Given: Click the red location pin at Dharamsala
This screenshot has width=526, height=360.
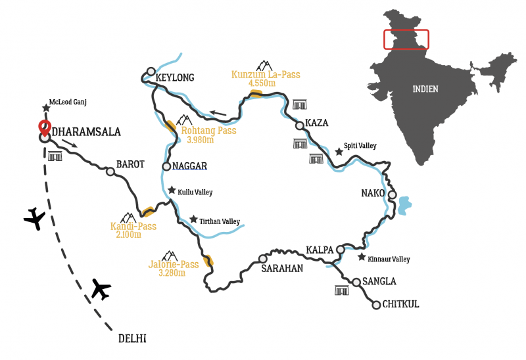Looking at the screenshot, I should coord(45,127).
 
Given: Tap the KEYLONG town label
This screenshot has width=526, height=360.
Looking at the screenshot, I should coord(175,78).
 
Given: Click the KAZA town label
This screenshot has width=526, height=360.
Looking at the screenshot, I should coord(316,124).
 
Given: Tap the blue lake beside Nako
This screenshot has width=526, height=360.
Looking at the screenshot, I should coord(403,205).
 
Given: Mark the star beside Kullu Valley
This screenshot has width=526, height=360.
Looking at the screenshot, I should coord(172,191).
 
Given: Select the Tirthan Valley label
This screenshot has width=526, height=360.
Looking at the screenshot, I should coord(220,221).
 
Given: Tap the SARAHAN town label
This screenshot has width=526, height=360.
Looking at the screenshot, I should coord(281,268).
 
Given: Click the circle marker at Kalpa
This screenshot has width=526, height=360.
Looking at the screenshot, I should coord(341,250).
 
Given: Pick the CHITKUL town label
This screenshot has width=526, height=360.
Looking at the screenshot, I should coord(400,304).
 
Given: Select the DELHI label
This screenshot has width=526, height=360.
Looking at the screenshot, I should coord(132,339).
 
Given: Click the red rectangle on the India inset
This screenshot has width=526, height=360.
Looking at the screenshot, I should coord(406,39).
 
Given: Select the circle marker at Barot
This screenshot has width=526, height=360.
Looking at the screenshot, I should coord(110,172).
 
